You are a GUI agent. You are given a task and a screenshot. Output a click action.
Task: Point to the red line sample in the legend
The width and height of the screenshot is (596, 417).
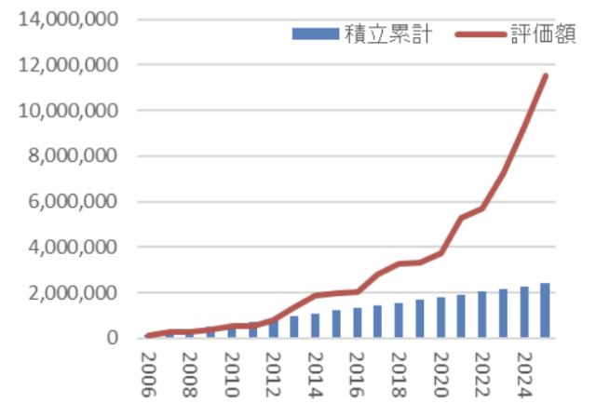[x=480, y=36]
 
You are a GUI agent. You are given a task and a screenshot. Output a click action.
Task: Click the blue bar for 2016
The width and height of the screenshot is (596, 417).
[x=358, y=322]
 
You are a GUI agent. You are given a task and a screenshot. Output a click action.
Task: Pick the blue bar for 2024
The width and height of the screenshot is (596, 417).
[x=524, y=312]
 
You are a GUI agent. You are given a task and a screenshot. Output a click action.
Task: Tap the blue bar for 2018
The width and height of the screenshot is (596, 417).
[x=399, y=320]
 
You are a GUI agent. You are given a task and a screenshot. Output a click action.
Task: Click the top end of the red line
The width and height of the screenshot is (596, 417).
[x=546, y=75]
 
